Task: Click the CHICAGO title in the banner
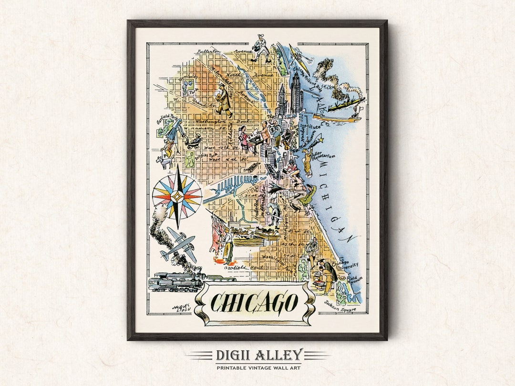coord(255,302)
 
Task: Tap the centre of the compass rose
coord(177,196)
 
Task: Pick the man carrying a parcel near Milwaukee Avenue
coord(223,100)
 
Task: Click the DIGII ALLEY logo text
coord(258,355)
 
